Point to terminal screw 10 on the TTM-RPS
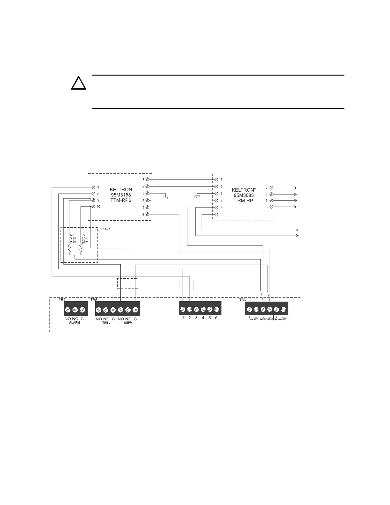[94, 206]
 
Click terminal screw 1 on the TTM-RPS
[147, 179]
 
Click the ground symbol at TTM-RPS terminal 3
[165, 196]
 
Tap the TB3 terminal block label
[242, 300]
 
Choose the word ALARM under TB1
[75, 322]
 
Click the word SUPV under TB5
[128, 322]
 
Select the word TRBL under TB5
[106, 322]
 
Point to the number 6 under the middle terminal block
[216, 318]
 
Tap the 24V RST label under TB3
[254, 319]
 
